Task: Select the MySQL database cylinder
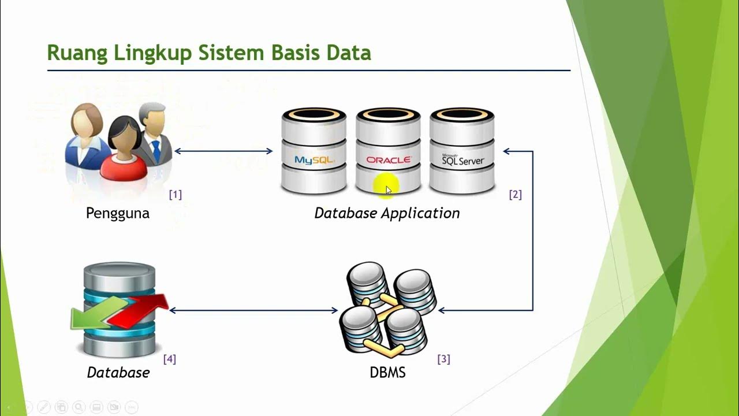[313, 151]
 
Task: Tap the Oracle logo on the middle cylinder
[388, 160]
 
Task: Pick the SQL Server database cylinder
[462, 151]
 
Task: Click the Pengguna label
[117, 213]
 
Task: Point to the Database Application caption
[387, 213]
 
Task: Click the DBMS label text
[387, 373]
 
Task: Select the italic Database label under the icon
[118, 373]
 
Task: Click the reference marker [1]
[175, 195]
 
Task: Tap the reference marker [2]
[515, 195]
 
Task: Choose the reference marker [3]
[443, 359]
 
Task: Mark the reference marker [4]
[169, 359]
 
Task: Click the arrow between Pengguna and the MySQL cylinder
[223, 151]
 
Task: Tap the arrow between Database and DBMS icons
[253, 311]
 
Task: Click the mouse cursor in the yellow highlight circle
[388, 189]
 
